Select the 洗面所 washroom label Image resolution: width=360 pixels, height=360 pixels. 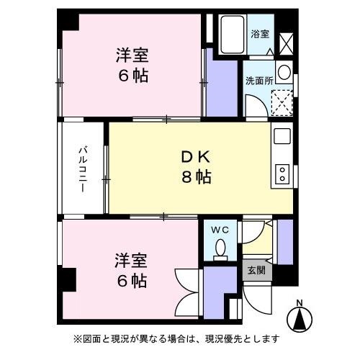(258, 80)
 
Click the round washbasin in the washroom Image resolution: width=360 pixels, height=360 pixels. (283, 73)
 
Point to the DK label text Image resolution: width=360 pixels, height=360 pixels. (195, 157)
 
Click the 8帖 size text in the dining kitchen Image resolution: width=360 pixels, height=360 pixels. (195, 176)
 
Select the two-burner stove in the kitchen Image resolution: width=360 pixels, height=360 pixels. (282, 174)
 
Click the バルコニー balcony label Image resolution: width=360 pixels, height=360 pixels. (84, 168)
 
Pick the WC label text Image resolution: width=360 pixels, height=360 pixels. (220, 230)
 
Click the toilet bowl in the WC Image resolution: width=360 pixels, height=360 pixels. (220, 249)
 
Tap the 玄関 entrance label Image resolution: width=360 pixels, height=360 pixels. (256, 271)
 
